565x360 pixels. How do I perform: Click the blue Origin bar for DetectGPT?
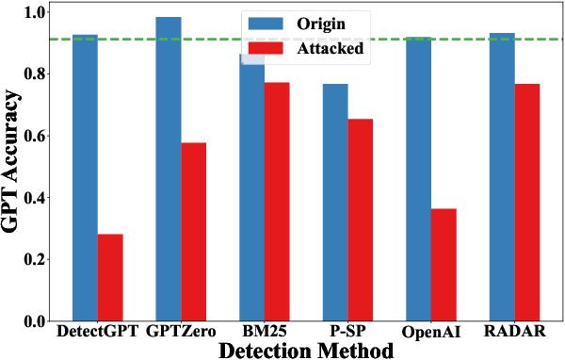pos(86,179)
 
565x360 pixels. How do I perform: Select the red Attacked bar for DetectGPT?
pos(110,278)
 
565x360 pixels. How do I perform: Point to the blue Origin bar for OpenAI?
pos(419,180)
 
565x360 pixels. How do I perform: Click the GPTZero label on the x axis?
pos(182,332)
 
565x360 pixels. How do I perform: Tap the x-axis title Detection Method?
pos(306,350)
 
